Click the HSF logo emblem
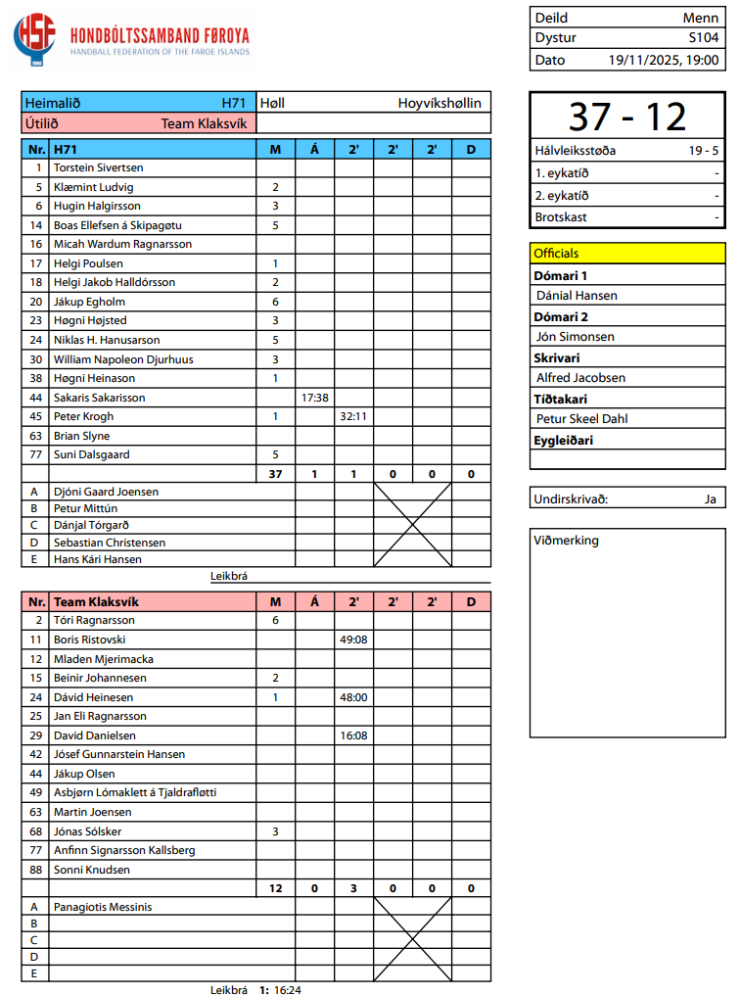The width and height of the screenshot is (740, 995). [x=35, y=40]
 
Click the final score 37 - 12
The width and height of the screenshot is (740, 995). [x=627, y=117]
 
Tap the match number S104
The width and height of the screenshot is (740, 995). [x=704, y=38]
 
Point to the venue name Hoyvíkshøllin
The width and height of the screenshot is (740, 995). [x=439, y=103]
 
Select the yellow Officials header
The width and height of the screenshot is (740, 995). [x=556, y=254]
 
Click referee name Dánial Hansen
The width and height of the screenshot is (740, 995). [x=577, y=295]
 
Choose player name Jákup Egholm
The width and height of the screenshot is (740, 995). [x=91, y=302]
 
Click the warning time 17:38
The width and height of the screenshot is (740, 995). [x=314, y=398]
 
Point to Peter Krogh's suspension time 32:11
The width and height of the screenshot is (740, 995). [x=353, y=416]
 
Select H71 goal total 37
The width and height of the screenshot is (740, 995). [x=275, y=474]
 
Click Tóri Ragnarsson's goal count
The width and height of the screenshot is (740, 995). [x=275, y=620]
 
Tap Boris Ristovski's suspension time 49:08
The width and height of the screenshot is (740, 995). [x=353, y=640]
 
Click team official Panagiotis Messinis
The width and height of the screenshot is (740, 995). [x=102, y=907]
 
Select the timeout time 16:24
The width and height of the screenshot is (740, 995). [x=288, y=989]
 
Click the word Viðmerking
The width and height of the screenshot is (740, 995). [x=566, y=541]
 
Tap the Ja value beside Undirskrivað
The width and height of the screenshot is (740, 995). [x=710, y=498]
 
